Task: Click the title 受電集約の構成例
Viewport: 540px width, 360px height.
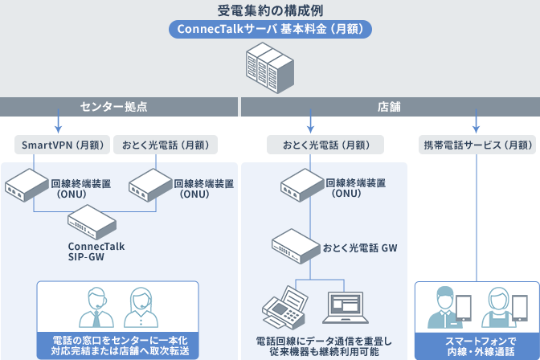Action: [270, 11]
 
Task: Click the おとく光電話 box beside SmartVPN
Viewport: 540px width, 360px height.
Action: [165, 145]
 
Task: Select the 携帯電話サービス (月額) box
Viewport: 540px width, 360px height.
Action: [477, 145]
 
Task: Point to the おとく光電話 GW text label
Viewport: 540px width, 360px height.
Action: [359, 247]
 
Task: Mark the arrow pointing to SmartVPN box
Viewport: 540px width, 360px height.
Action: [59, 125]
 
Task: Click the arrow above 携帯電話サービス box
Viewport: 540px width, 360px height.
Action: [477, 125]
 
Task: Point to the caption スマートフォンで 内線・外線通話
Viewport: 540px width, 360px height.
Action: [477, 346]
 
